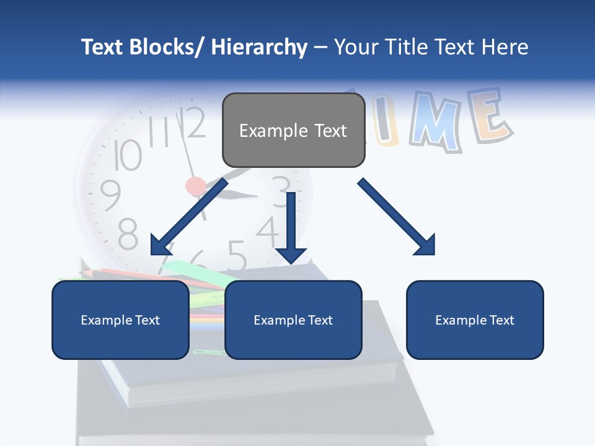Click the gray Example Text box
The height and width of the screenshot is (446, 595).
coord(293,131)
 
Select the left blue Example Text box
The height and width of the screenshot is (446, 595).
coord(120,320)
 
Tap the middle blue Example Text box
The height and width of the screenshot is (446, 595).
coord(293,320)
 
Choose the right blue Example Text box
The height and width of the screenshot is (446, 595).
coord(475,320)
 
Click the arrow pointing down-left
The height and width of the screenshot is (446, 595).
coord(186,220)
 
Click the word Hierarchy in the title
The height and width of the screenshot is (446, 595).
coord(259,47)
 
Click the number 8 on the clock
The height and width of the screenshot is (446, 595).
coord(128,234)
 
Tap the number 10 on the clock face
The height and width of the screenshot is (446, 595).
coord(128,154)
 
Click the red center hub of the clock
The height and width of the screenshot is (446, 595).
coord(196,185)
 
